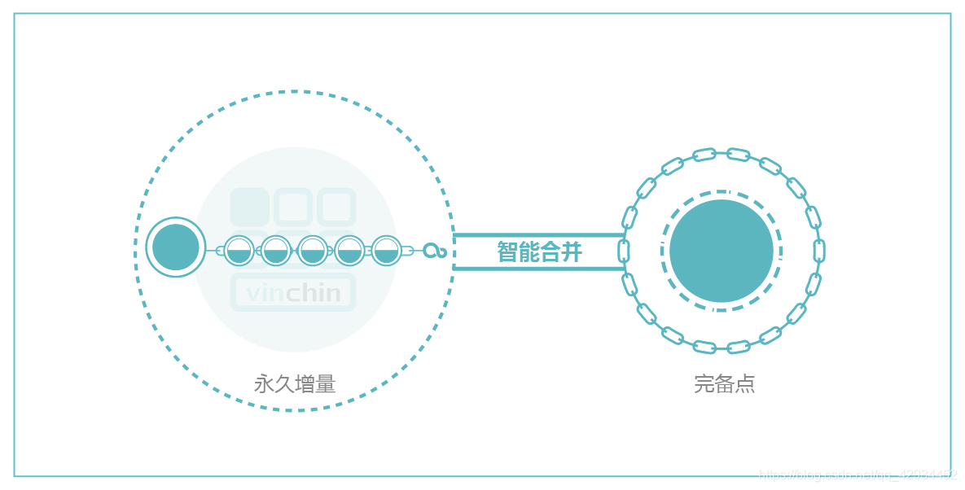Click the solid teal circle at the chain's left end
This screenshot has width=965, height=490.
[176, 247]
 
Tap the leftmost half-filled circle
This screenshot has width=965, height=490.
[239, 251]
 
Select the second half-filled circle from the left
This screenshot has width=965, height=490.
[276, 251]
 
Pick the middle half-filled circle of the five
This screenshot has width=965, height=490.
[313, 251]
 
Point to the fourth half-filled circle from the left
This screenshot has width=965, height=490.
[349, 251]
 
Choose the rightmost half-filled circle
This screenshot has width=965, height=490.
[386, 251]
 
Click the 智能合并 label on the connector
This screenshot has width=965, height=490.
[539, 252]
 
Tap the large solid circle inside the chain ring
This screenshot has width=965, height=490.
[722, 251]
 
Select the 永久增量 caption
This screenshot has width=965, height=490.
[295, 383]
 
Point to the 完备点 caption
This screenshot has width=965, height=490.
[724, 383]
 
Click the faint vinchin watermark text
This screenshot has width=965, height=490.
[293, 293]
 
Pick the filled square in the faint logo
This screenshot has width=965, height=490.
[249, 207]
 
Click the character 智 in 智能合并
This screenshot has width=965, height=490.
[507, 252]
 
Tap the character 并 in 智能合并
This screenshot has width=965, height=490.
[572, 252]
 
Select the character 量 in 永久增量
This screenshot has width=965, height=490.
[326, 383]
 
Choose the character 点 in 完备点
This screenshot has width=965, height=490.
[745, 383]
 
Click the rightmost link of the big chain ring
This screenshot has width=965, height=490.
[819, 251]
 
